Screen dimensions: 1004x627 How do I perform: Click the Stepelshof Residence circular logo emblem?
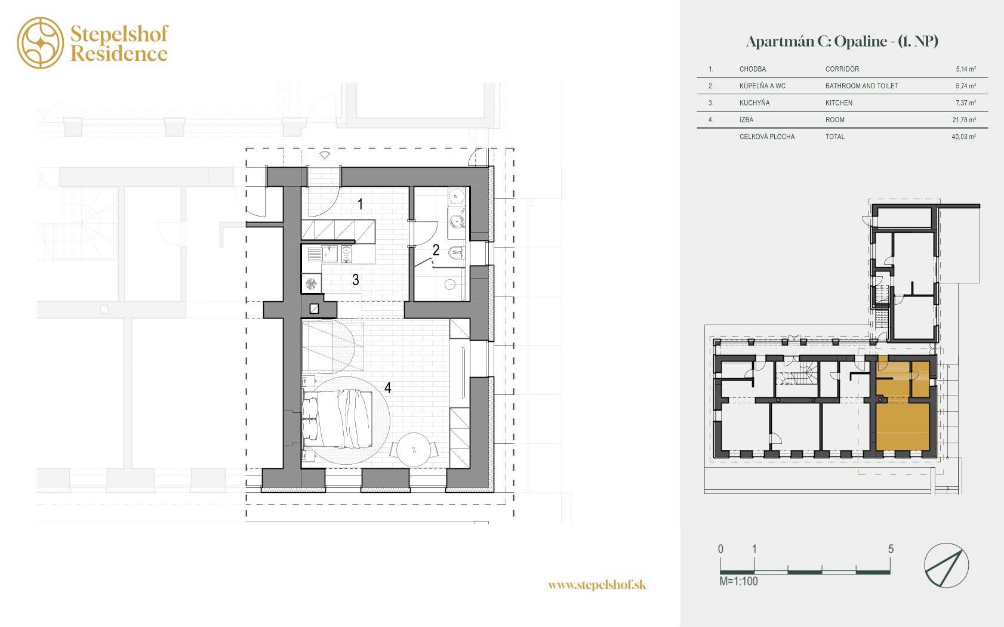pyautogui.click(x=41, y=43)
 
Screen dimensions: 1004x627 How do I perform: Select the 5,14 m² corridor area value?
pyautogui.click(x=966, y=69)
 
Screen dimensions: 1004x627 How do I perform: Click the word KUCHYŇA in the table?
pyautogui.click(x=754, y=103)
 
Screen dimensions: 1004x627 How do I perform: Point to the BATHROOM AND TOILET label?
pyautogui.click(x=861, y=86)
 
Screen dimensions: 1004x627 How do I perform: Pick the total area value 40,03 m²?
pyautogui.click(x=963, y=137)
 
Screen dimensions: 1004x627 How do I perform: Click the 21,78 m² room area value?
pyautogui.click(x=964, y=120)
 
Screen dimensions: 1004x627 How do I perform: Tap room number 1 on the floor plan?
pyautogui.click(x=360, y=204)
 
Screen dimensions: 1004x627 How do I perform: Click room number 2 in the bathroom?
pyautogui.click(x=436, y=250)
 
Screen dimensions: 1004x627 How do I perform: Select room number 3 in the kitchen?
pyautogui.click(x=355, y=280)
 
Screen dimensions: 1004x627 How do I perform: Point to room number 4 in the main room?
pyautogui.click(x=388, y=388)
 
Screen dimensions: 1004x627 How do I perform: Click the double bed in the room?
pyautogui.click(x=337, y=419)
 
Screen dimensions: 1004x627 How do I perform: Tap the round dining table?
pyautogui.click(x=414, y=449)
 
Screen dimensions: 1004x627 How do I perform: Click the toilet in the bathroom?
pyautogui.click(x=456, y=252)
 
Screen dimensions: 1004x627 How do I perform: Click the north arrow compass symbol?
pyautogui.click(x=946, y=565)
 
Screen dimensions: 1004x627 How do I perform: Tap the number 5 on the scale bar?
pyautogui.click(x=891, y=549)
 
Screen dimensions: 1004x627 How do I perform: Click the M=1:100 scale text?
pyautogui.click(x=738, y=581)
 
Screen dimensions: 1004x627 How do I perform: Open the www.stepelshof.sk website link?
pyautogui.click(x=597, y=585)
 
